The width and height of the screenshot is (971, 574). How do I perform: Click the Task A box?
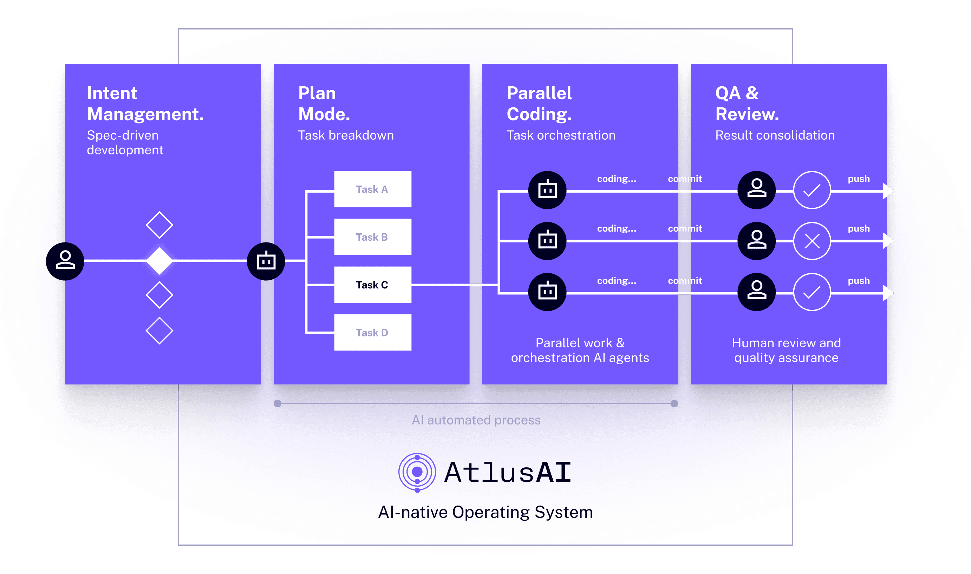click(372, 189)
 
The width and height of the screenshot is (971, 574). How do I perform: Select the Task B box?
click(372, 237)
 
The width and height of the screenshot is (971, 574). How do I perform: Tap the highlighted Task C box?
click(372, 285)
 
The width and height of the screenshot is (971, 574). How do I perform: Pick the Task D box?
click(372, 332)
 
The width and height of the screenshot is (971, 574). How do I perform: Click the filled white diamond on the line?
click(159, 261)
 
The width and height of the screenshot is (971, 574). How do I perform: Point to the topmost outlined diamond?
click(159, 225)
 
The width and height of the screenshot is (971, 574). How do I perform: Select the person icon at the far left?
click(65, 261)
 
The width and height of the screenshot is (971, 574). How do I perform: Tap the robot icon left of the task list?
click(266, 261)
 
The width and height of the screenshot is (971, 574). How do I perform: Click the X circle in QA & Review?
click(812, 241)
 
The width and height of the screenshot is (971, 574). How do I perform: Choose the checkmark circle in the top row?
click(812, 190)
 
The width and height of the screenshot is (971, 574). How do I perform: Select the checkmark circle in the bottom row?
click(812, 292)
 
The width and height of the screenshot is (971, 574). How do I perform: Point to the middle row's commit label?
click(684, 229)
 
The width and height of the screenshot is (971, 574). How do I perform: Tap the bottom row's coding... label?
click(617, 281)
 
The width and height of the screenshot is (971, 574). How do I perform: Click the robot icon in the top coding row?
click(547, 190)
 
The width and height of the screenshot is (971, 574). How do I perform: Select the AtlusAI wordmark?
click(507, 472)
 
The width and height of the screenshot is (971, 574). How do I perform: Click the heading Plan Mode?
click(324, 104)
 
